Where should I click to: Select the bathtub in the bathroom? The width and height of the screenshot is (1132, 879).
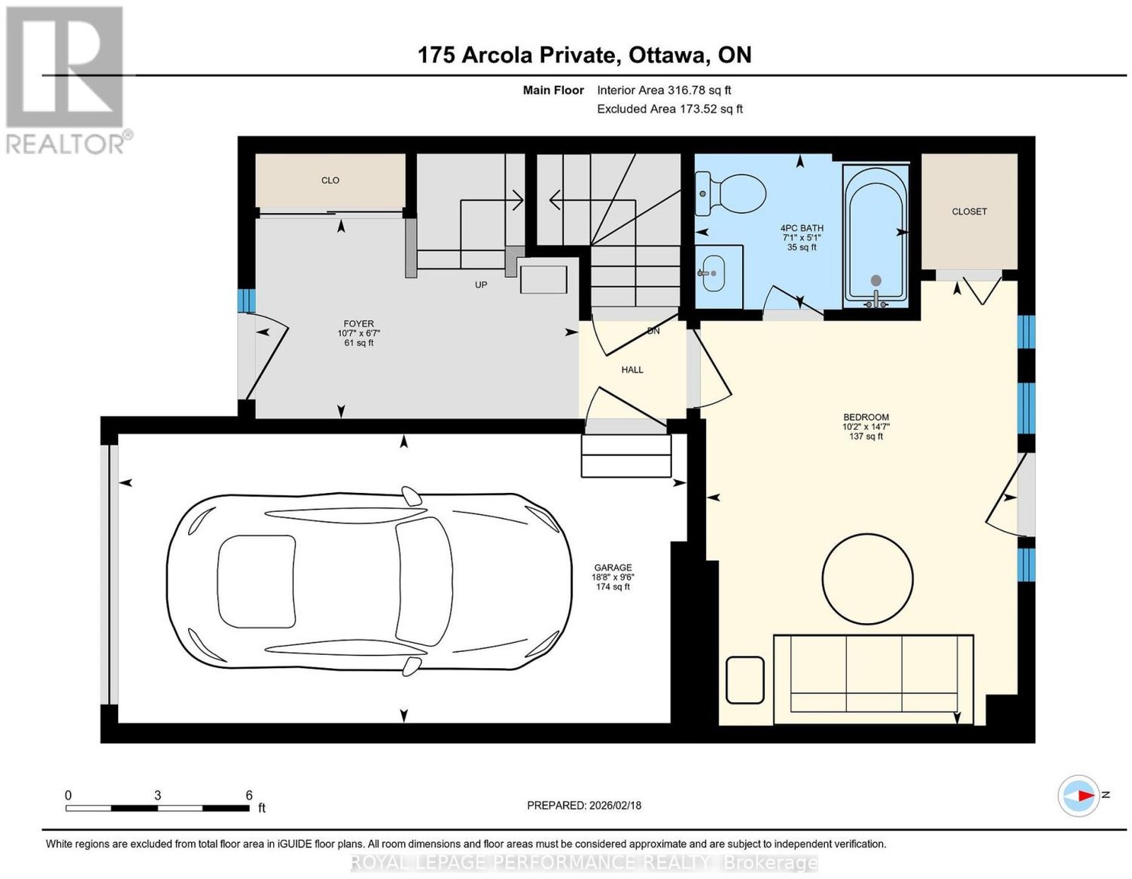(x=876, y=236)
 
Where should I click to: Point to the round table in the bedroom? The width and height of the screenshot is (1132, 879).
(x=867, y=578)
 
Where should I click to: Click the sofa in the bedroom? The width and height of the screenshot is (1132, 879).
(x=874, y=679)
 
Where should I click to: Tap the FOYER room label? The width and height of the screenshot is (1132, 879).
(x=359, y=323)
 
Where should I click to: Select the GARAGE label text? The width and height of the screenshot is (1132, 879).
(x=613, y=567)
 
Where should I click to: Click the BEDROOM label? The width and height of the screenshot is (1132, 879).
(x=866, y=417)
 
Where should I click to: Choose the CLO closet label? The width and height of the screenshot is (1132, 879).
(x=330, y=180)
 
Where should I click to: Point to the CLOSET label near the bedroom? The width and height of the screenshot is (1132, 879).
(x=969, y=211)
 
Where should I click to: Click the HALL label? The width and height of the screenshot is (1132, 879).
(x=633, y=370)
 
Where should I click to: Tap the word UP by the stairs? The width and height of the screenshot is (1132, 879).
(x=480, y=285)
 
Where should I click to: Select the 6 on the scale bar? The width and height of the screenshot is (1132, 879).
(x=249, y=795)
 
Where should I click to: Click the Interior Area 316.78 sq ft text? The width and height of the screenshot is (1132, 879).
(x=664, y=90)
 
